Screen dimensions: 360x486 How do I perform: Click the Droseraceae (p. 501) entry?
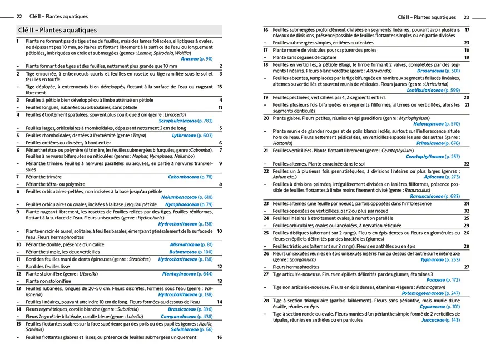click(438, 71)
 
